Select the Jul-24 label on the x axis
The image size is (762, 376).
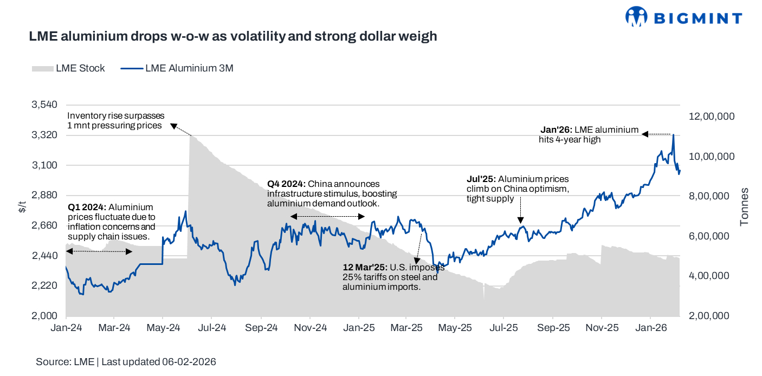[212, 328]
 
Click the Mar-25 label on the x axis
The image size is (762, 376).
[406, 328]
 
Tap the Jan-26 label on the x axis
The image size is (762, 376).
[651, 328]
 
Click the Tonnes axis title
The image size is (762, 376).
[745, 206]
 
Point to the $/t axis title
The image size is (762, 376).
[22, 206]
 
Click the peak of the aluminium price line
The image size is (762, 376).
[673, 134]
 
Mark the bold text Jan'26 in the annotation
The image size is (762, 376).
[556, 130]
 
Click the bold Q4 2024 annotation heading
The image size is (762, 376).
[286, 184]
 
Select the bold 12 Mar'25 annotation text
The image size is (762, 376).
[365, 268]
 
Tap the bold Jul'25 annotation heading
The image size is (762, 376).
[481, 179]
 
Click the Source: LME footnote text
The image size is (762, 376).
[126, 362]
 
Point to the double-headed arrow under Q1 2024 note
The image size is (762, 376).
[99, 251]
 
